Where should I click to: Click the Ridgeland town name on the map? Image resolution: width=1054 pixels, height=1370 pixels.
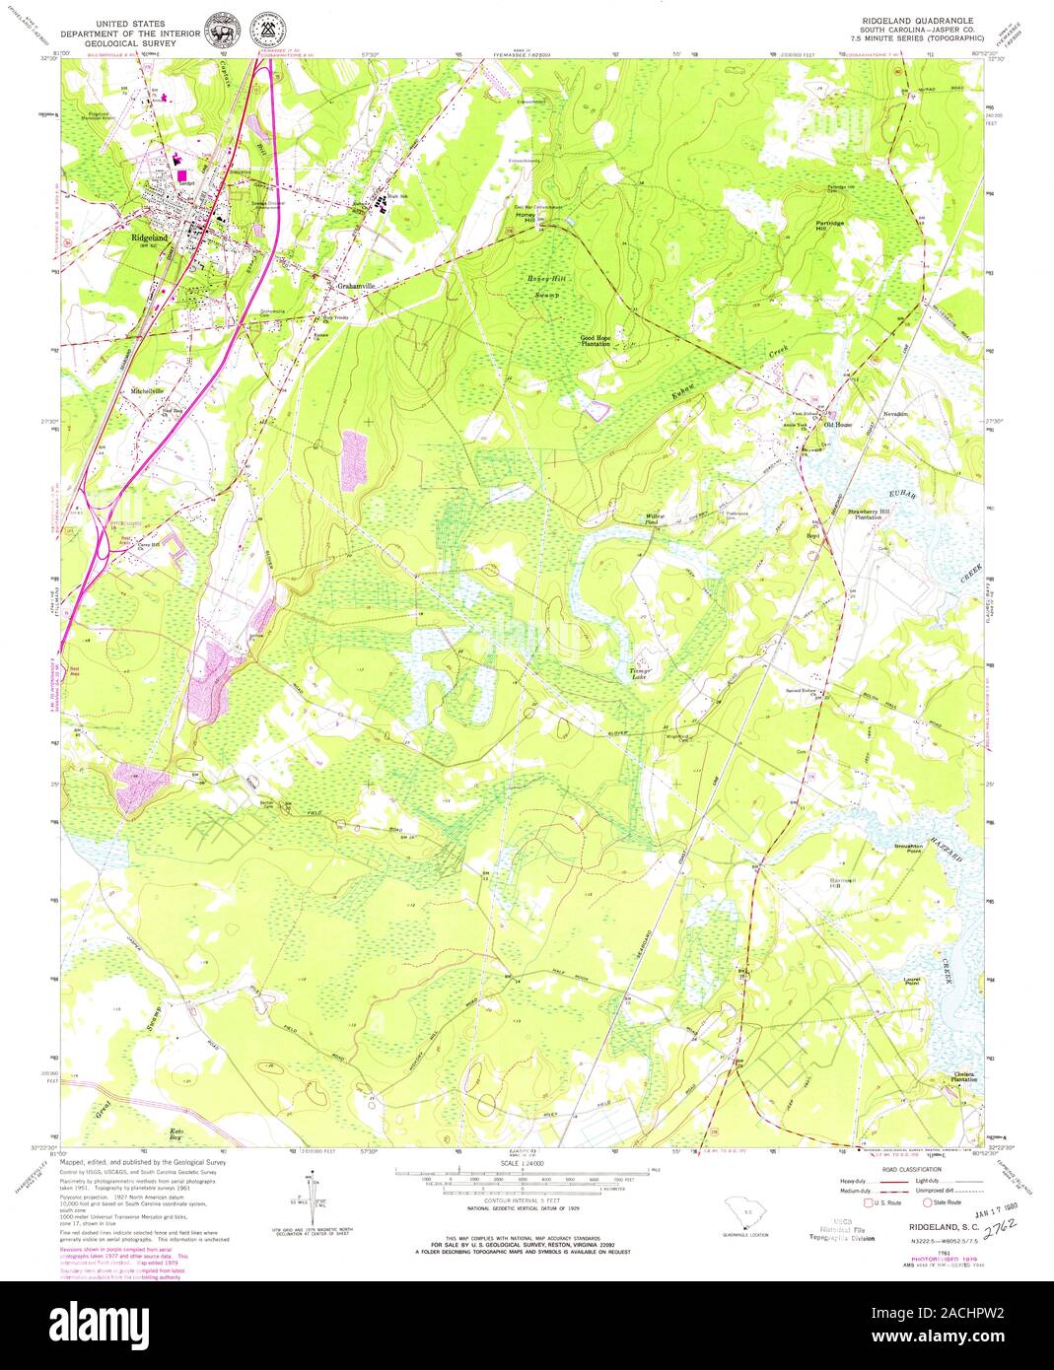point(147,237)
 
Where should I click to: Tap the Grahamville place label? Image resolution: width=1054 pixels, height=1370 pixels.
point(352,287)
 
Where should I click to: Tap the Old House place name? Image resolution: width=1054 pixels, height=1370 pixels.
point(851,426)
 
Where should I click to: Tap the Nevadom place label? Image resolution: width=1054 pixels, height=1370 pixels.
point(895,413)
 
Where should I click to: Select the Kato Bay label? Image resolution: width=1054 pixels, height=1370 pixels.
point(177,1133)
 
